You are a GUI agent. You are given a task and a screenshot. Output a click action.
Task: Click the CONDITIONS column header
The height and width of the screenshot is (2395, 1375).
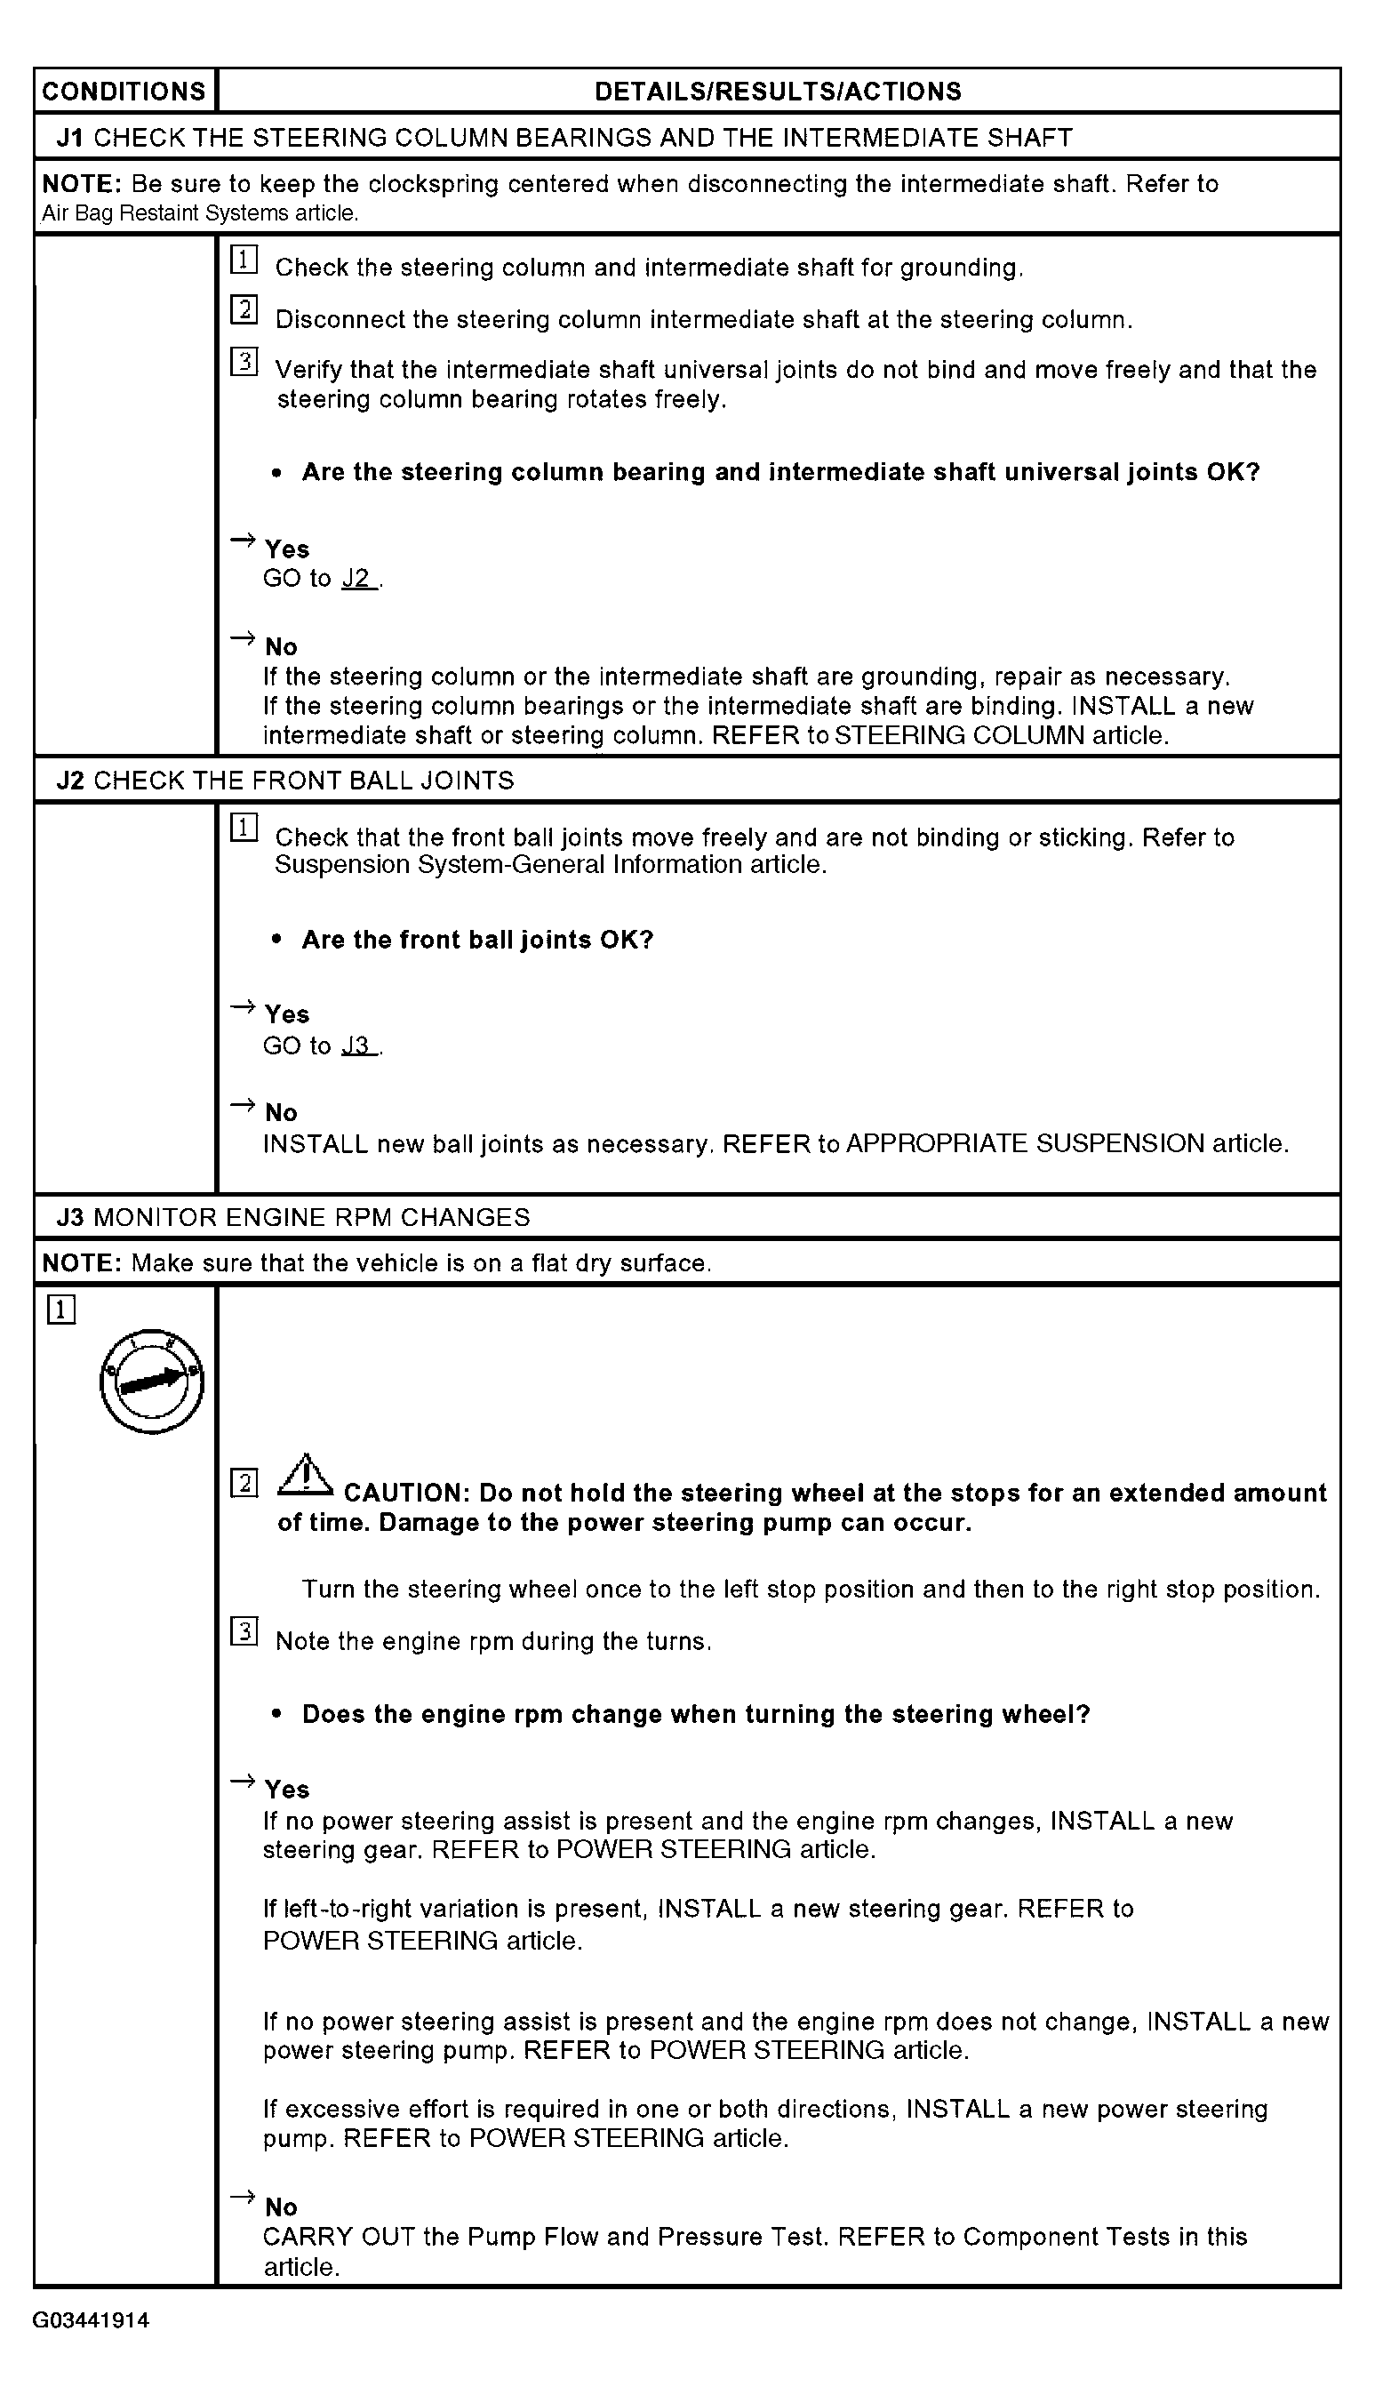coord(124,92)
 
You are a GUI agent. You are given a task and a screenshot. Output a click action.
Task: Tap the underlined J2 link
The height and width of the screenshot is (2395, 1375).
coord(359,579)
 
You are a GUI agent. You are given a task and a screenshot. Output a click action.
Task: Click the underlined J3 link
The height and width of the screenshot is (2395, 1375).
coord(359,1045)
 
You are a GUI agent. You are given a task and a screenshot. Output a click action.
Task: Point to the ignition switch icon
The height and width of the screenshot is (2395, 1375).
coord(152,1382)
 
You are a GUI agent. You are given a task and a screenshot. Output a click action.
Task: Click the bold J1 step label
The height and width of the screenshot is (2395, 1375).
coord(70,138)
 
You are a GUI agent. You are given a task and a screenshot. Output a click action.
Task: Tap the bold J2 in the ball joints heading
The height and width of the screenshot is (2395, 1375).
coord(70,781)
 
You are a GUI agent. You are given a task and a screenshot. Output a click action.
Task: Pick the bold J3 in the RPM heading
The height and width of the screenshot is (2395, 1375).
coord(70,1217)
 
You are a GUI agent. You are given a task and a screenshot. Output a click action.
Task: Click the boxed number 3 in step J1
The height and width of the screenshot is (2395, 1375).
coord(244,362)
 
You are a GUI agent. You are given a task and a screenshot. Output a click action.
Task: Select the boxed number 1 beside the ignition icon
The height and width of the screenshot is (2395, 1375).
coord(60,1310)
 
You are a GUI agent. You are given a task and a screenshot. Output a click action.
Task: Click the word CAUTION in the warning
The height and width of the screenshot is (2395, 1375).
coord(406,1494)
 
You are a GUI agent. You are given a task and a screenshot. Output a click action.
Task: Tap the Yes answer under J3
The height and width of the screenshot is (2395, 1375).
coord(287,1790)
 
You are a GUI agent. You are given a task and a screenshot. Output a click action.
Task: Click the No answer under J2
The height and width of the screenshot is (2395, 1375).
coord(282,1112)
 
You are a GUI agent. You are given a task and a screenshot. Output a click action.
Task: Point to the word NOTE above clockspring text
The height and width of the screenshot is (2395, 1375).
coord(81,184)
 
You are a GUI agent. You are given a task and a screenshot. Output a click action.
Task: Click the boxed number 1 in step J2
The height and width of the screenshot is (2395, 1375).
coord(244,829)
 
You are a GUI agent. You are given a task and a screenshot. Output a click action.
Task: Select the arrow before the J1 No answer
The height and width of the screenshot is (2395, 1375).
coord(243,638)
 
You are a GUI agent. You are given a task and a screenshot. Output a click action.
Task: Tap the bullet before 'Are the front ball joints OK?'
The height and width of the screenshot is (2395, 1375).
coord(276,940)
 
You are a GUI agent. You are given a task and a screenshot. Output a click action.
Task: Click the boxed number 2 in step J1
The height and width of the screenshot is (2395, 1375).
coord(244,309)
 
